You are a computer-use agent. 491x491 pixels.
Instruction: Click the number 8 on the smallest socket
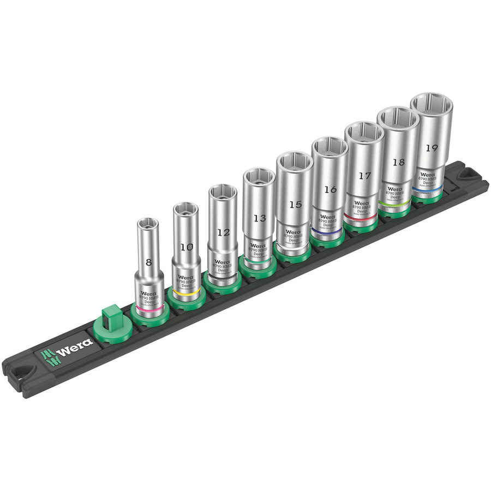(149, 262)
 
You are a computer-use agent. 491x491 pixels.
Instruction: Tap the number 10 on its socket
(186, 247)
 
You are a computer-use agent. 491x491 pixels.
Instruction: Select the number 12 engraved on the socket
(223, 232)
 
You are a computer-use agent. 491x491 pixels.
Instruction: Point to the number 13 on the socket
(260, 218)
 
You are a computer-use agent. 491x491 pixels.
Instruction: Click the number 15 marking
(295, 205)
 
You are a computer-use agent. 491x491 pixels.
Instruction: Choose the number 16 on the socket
(330, 190)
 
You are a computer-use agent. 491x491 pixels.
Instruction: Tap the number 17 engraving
(364, 176)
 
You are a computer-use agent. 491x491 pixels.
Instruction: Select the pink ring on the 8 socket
(148, 309)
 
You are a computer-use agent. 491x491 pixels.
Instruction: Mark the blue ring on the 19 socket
(427, 188)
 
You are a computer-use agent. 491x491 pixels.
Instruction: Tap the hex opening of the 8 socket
(148, 224)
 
